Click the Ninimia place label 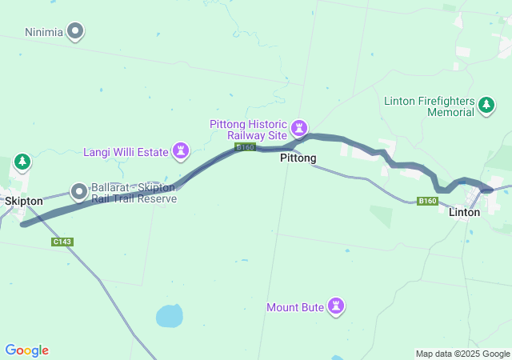click(x=44, y=32)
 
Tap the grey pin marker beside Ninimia click(x=76, y=32)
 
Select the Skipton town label click(x=23, y=201)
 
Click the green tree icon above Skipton click(x=22, y=162)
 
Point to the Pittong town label click(x=298, y=158)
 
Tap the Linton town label click(x=465, y=212)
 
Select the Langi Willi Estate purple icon click(x=182, y=150)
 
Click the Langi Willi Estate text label click(x=126, y=151)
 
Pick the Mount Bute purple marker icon click(x=337, y=306)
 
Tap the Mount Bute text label click(x=296, y=306)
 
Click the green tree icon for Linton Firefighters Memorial click(x=486, y=105)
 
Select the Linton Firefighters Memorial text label click(x=430, y=106)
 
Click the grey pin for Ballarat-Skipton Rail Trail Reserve click(x=79, y=191)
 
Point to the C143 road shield click(x=62, y=242)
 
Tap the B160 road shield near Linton click(x=428, y=201)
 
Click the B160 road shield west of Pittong click(x=245, y=147)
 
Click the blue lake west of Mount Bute click(x=169, y=316)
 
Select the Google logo click(x=27, y=350)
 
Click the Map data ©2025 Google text click(x=462, y=354)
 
